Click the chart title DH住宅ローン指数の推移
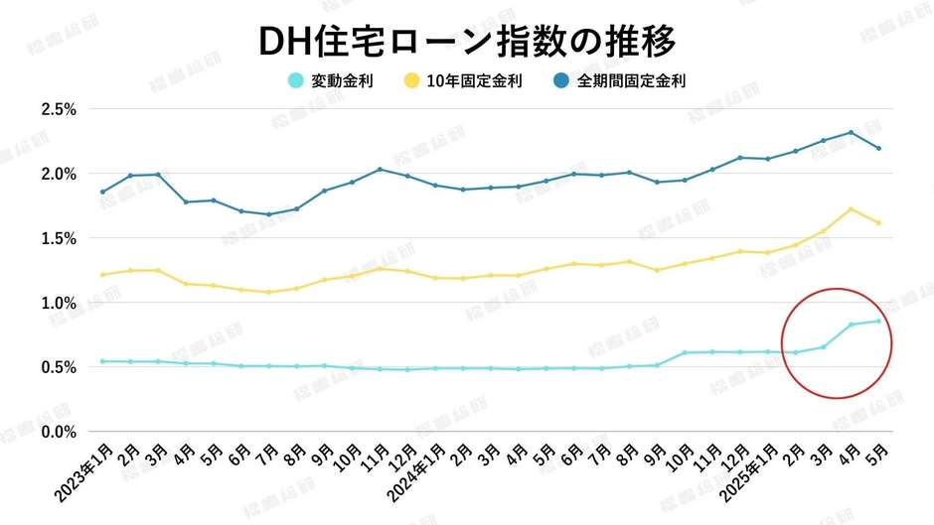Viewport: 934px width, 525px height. click(x=466, y=41)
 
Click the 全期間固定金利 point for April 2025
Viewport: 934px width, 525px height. click(x=851, y=132)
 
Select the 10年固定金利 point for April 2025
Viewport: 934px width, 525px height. click(x=851, y=209)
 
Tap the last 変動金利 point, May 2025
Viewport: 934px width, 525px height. click(x=878, y=321)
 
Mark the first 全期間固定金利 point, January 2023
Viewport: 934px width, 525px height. click(x=102, y=192)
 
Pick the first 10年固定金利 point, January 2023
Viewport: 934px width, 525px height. click(x=102, y=275)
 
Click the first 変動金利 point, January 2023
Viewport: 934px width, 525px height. click(x=102, y=361)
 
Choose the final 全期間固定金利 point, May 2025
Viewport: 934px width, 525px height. click(x=878, y=149)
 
